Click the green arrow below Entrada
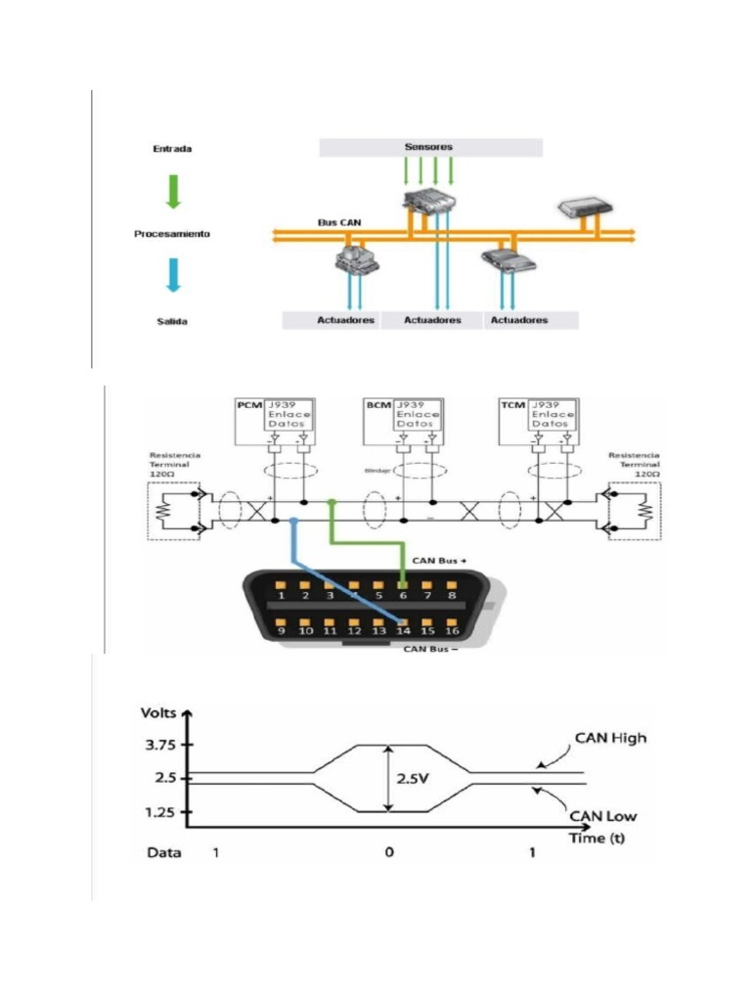tap(173, 190)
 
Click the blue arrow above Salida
tap(173, 275)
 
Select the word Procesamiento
tap(172, 234)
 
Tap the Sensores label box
tap(429, 147)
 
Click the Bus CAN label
tap(338, 223)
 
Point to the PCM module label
tap(249, 404)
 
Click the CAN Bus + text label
tap(433, 561)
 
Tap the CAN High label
tap(610, 738)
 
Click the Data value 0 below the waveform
tap(389, 853)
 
